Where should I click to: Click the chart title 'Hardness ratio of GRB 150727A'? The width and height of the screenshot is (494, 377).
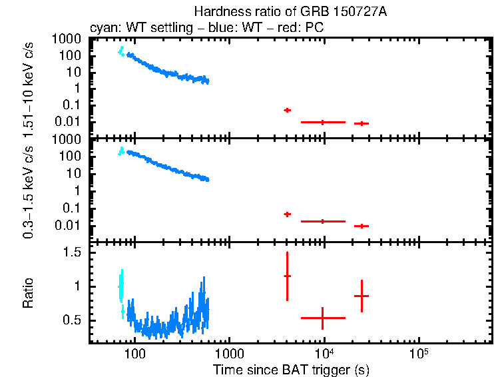(x=290, y=12)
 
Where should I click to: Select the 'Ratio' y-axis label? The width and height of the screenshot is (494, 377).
(x=29, y=293)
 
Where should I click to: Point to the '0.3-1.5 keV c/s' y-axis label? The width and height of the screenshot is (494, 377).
(x=29, y=190)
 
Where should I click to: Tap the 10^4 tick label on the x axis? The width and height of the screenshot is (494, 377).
(x=324, y=353)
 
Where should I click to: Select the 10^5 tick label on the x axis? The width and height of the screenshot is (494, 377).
(x=419, y=353)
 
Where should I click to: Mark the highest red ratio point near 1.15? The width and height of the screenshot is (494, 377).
(x=287, y=276)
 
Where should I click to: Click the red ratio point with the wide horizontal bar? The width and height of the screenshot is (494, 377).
(x=323, y=318)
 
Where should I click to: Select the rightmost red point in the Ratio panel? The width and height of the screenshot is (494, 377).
(x=362, y=296)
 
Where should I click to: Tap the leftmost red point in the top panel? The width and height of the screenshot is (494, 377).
(x=287, y=110)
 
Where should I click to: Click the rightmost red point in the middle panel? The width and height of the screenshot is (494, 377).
(x=362, y=226)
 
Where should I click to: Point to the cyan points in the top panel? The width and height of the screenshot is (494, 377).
(x=121, y=51)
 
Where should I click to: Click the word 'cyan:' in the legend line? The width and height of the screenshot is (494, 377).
(x=103, y=28)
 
